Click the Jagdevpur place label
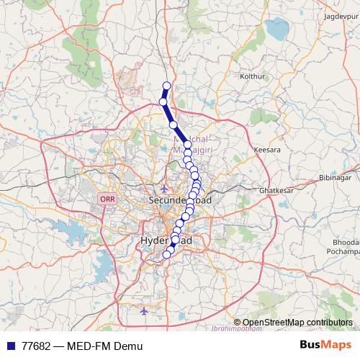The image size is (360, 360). tap(341, 15)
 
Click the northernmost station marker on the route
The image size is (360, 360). tap(167, 86)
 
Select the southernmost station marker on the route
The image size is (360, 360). tap(167, 253)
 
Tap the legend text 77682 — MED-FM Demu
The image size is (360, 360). tap(83, 346)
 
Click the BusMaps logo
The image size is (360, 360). tap(325, 345)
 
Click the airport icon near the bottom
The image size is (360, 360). tap(145, 312)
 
